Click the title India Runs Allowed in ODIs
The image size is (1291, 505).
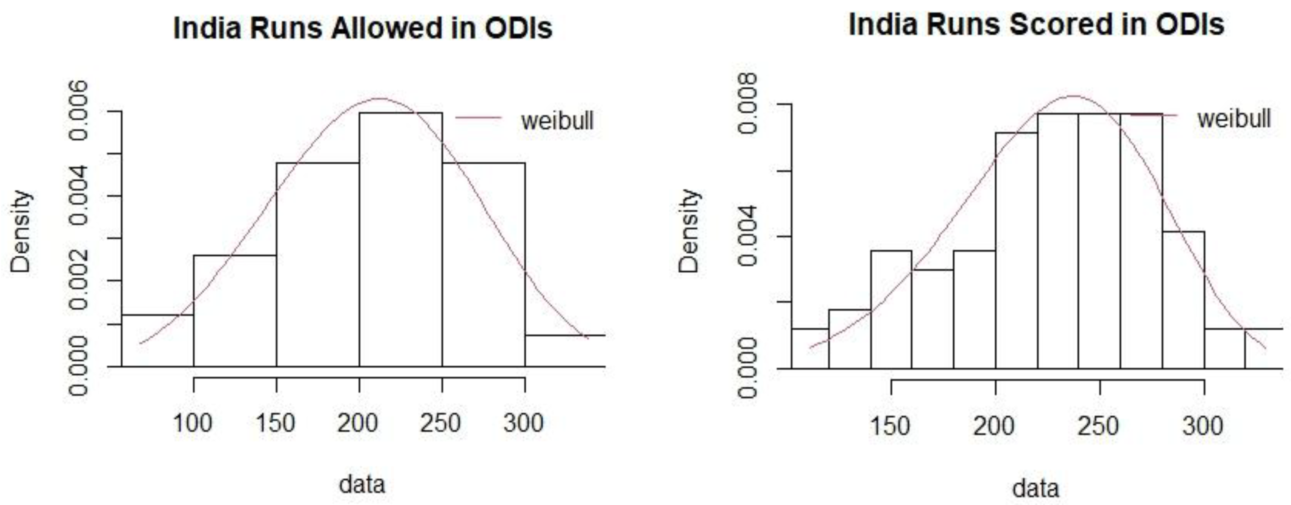pos(362,28)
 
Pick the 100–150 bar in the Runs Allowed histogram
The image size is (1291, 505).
pos(235,311)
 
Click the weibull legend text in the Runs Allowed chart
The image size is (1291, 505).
pos(557,120)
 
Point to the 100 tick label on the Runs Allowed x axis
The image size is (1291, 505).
pos(193,423)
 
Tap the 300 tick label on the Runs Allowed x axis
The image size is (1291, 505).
pos(524,423)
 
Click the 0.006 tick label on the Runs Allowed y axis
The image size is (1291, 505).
pos(80,111)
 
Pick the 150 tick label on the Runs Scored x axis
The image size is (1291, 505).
pos(890,426)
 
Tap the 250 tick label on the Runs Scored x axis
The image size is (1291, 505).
pos(1099,426)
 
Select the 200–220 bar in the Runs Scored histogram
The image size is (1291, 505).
pos(1016,251)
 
